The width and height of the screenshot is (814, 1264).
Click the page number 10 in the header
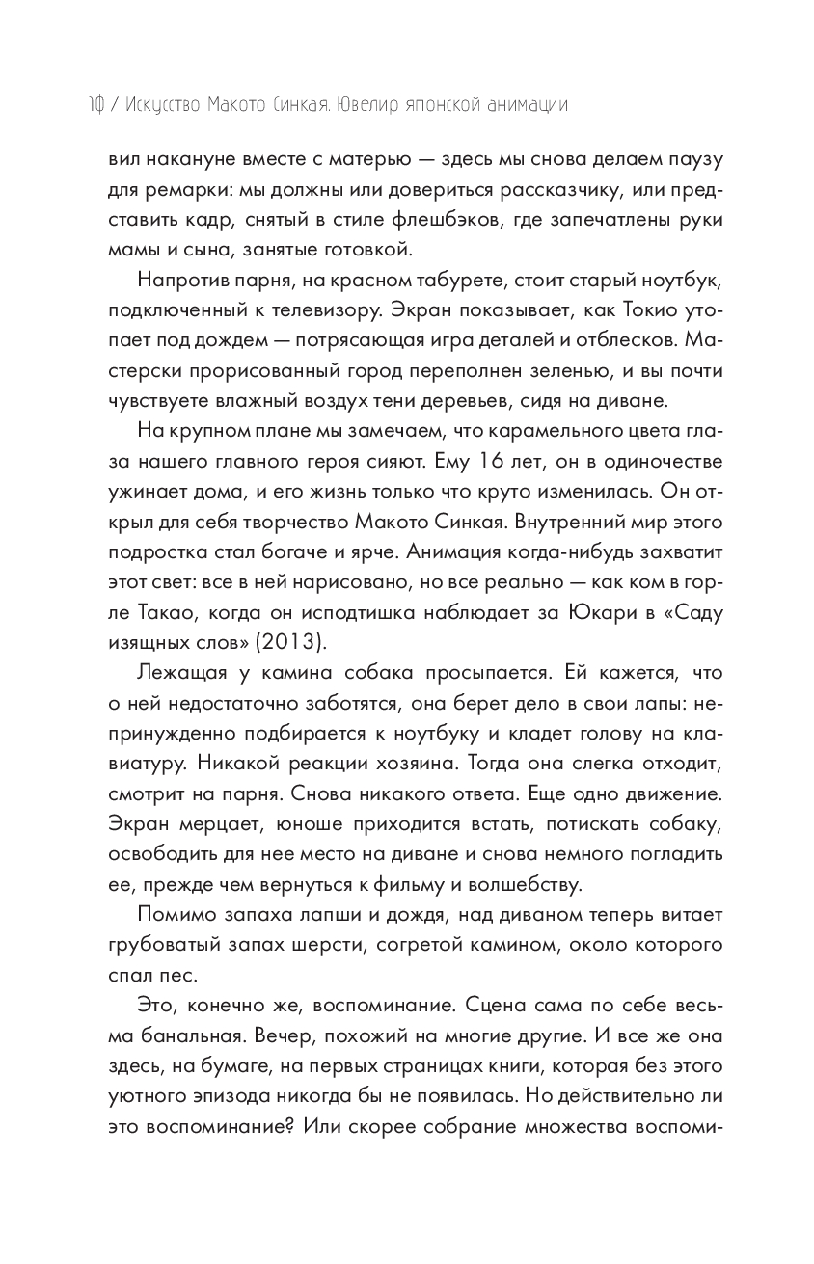pyautogui.click(x=94, y=105)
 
